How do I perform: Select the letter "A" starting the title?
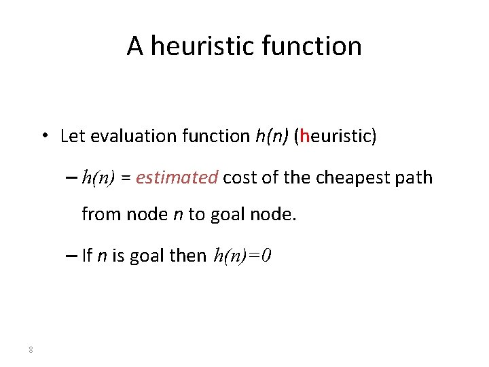click(x=134, y=46)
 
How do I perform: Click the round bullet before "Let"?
click(x=43, y=135)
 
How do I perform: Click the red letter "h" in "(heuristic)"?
click(x=304, y=136)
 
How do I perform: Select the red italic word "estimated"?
click(x=177, y=178)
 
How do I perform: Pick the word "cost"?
click(x=238, y=178)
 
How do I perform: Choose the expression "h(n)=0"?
click(x=242, y=256)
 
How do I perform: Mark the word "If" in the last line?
click(x=87, y=256)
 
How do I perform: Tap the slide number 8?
click(x=31, y=350)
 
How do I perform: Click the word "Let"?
click(x=72, y=136)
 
